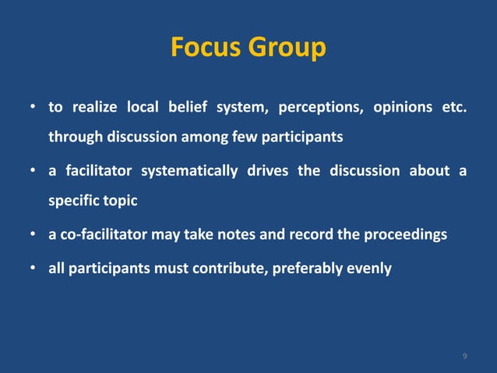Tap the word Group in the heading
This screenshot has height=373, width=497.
[285, 48]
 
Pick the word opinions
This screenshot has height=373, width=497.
[402, 107]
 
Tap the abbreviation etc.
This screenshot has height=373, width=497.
[454, 107]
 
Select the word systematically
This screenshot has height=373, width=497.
[189, 171]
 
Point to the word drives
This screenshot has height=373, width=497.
[267, 171]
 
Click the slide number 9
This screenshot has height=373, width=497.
[465, 357]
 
